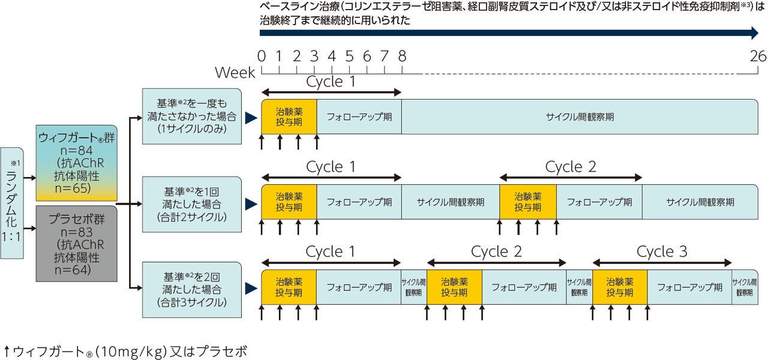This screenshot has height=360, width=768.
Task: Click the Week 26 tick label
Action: pyautogui.click(x=758, y=56)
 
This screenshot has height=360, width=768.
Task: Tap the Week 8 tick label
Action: pyautogui.click(x=402, y=56)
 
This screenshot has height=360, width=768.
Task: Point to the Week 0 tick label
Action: pyautogui.click(x=262, y=56)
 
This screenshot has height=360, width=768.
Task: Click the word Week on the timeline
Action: pyautogui.click(x=235, y=73)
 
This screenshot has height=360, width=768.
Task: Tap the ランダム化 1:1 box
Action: pyautogui.click(x=13, y=203)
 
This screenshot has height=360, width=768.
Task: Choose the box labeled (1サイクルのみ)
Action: pyautogui.click(x=191, y=116)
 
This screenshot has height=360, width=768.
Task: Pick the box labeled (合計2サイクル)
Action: pyautogui.click(x=191, y=203)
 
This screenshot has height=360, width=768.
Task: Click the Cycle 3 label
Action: pyautogui.click(x=662, y=252)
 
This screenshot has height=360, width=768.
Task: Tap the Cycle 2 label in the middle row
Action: pyautogui.click(x=571, y=167)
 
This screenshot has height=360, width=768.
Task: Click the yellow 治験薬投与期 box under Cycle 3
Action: pyautogui.click(x=620, y=287)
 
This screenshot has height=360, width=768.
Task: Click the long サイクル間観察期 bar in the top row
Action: pyautogui.click(x=580, y=116)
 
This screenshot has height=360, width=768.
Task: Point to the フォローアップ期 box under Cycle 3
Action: pyautogui.click(x=689, y=287)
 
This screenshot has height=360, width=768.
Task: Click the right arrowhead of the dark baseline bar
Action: pyautogui.click(x=755, y=34)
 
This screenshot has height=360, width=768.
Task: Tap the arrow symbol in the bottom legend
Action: pyautogui.click(x=6, y=350)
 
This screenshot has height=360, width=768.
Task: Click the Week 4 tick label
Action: pyautogui.click(x=332, y=56)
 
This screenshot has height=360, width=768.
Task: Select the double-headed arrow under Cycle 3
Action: pyautogui.click(x=662, y=263)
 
